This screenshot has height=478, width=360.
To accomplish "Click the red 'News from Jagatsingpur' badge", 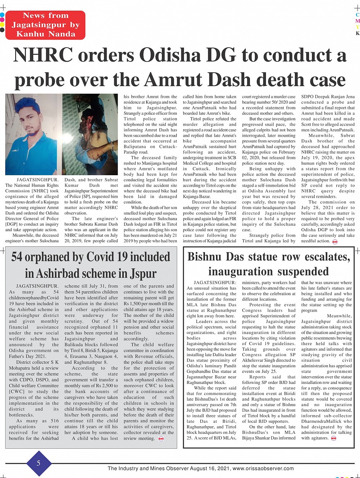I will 45,25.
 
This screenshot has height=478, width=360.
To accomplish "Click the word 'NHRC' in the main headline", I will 42,56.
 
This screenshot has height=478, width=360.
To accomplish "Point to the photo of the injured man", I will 90,134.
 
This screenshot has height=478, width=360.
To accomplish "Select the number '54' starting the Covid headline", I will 19,257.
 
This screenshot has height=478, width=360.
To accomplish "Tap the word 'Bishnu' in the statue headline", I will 207,257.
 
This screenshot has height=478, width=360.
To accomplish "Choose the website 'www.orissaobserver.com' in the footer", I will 263,468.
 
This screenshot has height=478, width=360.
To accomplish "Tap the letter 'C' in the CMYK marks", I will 357,14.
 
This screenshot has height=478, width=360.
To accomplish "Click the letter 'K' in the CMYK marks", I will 357,33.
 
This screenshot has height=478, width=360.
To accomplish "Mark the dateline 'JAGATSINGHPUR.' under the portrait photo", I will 37,179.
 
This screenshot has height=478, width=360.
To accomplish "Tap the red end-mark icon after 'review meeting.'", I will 161,439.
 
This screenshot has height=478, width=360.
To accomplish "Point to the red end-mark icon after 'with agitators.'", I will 334,438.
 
